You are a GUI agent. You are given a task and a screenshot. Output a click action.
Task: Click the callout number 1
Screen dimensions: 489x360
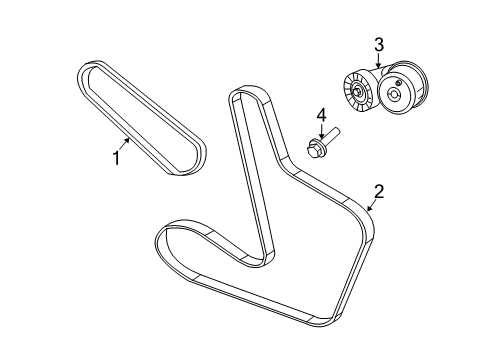(x=116, y=158)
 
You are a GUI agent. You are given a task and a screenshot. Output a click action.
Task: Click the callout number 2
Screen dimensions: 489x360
(x=379, y=191)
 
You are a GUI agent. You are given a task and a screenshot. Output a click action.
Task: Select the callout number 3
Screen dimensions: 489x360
(x=379, y=44)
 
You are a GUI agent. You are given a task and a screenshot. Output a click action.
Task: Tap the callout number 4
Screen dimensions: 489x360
(x=322, y=117)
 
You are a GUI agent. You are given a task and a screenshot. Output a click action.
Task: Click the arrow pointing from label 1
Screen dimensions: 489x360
(x=126, y=144)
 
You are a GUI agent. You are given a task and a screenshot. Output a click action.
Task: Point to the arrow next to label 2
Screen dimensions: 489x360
(x=369, y=205)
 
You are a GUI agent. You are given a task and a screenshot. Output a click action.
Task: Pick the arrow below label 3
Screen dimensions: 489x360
(x=378, y=62)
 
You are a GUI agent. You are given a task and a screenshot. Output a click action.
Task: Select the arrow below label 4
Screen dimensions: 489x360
(x=320, y=134)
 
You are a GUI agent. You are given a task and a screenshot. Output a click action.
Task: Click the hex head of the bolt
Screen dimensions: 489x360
(x=315, y=150)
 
